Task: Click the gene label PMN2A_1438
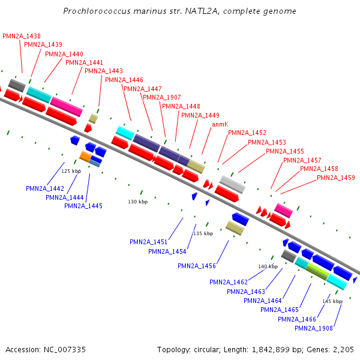pos(22,36)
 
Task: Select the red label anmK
pos(220,124)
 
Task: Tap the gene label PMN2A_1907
pos(162,97)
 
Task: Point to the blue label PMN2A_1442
pos(45,188)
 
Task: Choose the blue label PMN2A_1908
pos(314,328)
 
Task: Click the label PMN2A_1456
pos(197,266)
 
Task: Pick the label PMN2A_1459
pos(336,178)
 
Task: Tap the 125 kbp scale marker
pos(71,172)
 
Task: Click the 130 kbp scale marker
pos(138,202)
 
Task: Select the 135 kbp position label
pos(203,233)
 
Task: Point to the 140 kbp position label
pos(268,266)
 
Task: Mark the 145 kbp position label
pos(332,301)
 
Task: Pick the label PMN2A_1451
pos(149,242)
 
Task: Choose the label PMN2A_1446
pos(124,80)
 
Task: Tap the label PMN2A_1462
pos(229,282)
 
